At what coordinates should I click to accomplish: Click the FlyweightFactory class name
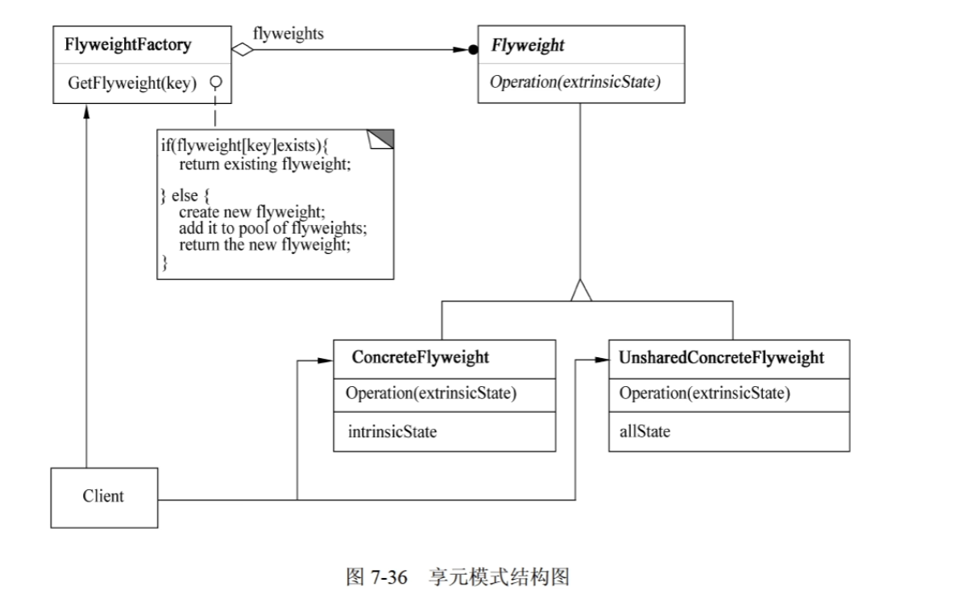coord(127,44)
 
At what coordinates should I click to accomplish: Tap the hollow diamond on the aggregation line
coord(243,49)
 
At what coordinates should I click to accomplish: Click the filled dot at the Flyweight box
coord(473,49)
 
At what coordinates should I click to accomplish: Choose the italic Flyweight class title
coord(528,46)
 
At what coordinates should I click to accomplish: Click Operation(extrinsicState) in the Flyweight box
coord(575,82)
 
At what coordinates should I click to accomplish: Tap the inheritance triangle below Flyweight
coord(581,292)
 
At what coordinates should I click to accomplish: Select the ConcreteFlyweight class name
coord(421,357)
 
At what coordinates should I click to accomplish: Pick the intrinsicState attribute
coord(392,431)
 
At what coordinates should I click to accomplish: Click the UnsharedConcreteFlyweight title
coord(721,357)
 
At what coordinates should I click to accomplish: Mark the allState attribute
coord(645,431)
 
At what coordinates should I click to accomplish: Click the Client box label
coord(103,496)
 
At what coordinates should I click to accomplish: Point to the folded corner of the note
coord(382,139)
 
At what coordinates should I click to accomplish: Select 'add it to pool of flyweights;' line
coord(273,229)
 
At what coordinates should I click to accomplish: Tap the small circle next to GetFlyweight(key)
coord(215,82)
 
